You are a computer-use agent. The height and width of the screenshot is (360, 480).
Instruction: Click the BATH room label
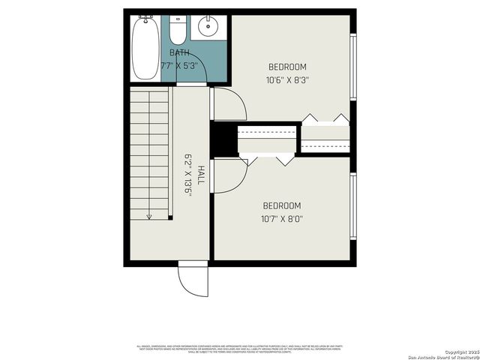pyautogui.click(x=179, y=52)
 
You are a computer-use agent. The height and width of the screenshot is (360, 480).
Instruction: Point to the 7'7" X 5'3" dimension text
pyautogui.click(x=179, y=65)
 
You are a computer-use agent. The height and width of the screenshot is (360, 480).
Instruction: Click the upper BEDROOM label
pyautogui.click(x=287, y=67)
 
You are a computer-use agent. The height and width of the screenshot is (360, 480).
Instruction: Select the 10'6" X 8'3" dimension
pyautogui.click(x=287, y=79)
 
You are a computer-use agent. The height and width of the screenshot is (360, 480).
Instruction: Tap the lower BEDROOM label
pyautogui.click(x=281, y=206)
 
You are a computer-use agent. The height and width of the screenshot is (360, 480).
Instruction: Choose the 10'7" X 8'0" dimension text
pyautogui.click(x=281, y=219)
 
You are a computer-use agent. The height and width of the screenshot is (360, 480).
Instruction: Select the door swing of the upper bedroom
pyautogui.click(x=229, y=104)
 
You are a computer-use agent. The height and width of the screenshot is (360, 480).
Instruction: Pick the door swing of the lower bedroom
pyautogui.click(x=228, y=175)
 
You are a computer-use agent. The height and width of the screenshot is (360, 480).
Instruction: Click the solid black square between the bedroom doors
pyautogui.click(x=223, y=139)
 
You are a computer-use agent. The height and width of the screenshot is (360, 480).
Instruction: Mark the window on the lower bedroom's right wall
pyautogui.click(x=352, y=207)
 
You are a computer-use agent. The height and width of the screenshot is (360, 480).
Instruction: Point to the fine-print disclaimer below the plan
pyautogui.click(x=239, y=348)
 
